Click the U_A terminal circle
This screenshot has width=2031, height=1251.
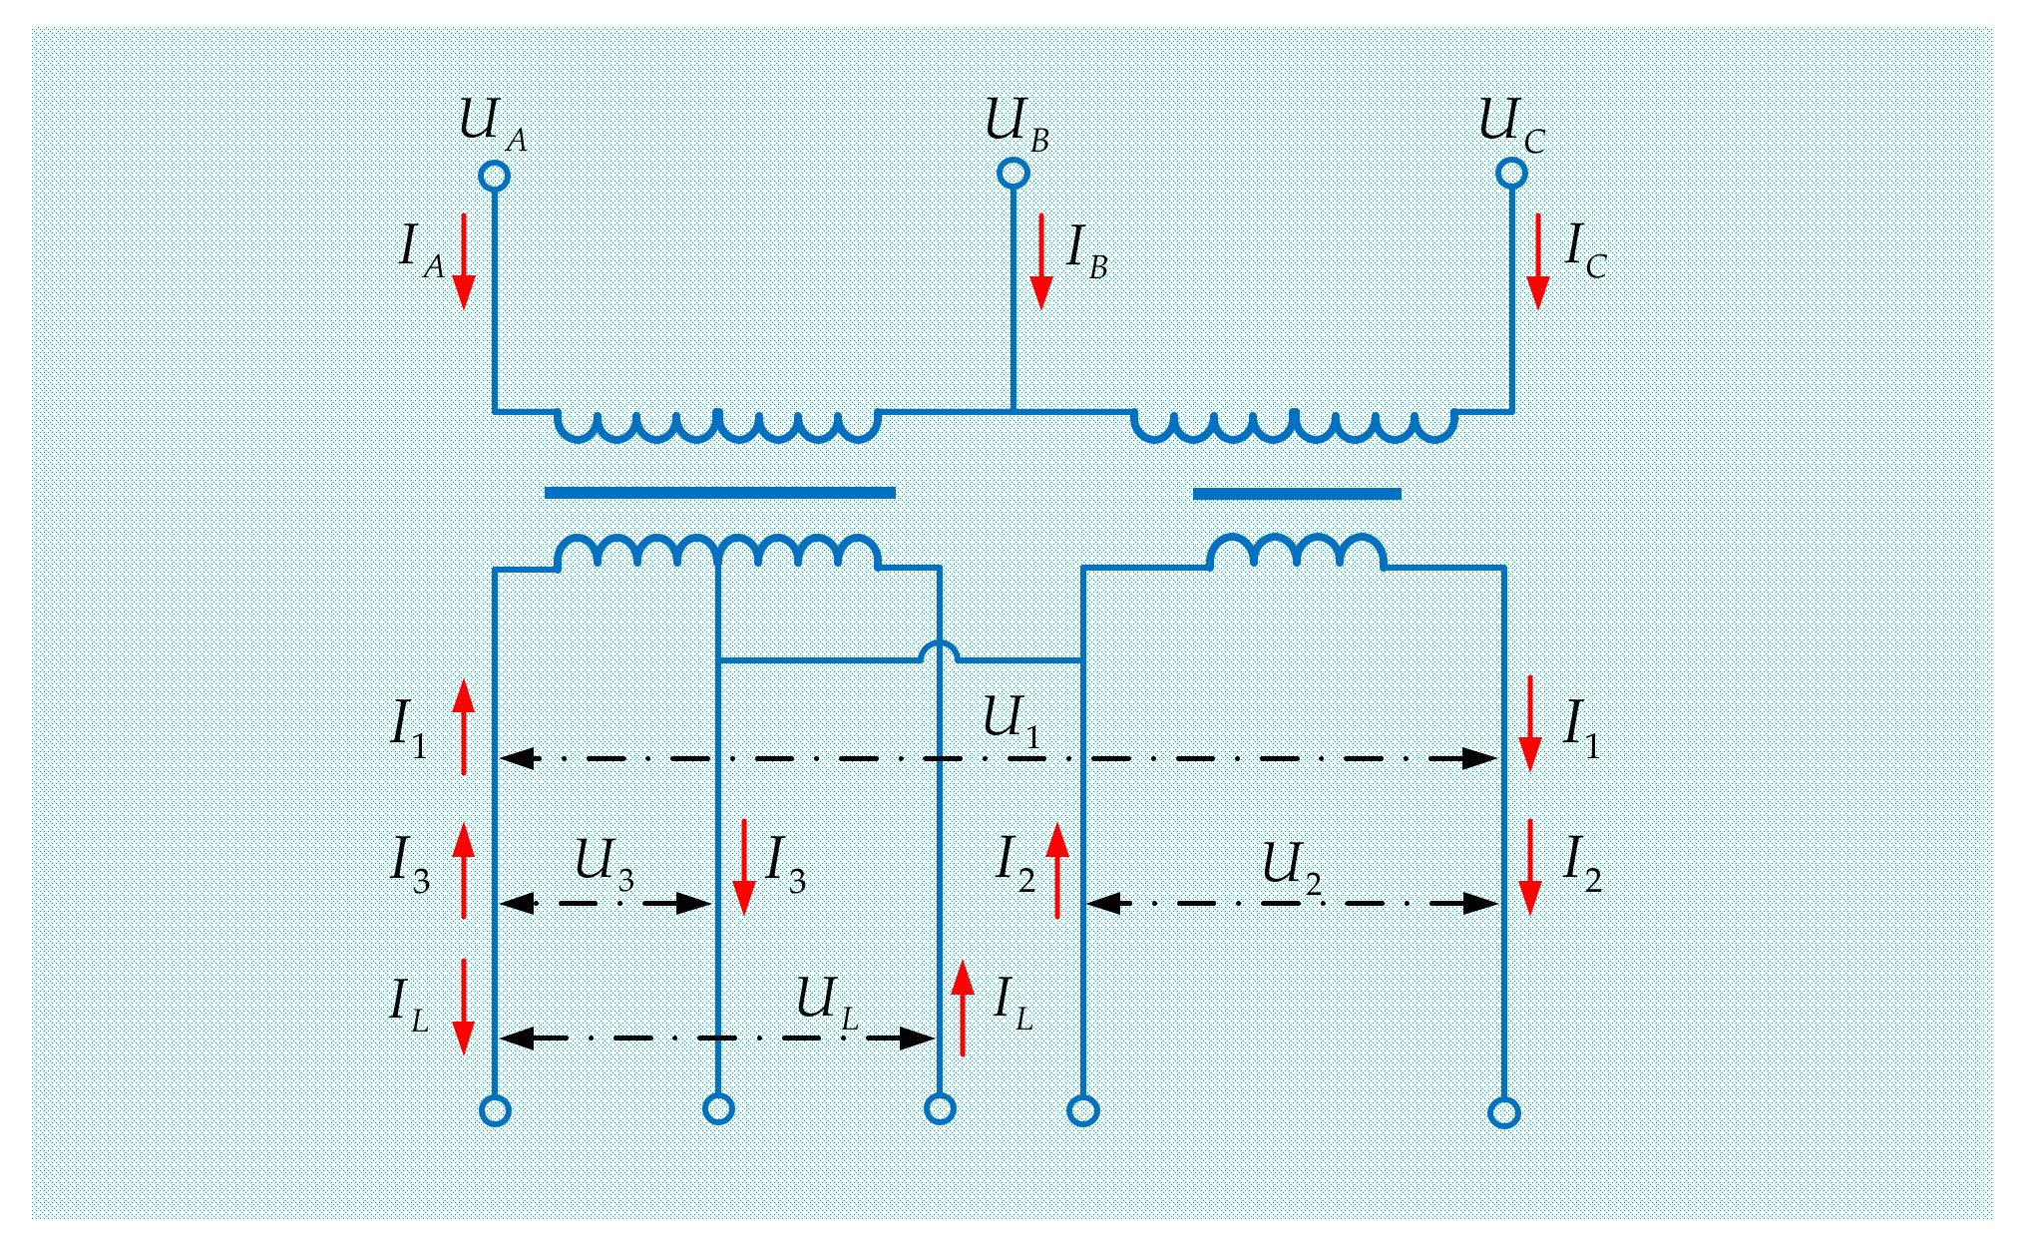point(494,176)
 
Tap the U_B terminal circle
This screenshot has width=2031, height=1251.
point(1013,174)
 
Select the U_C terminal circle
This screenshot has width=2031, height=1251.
point(1511,174)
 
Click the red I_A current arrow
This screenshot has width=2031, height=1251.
point(463,261)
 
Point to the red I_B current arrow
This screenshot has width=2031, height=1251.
point(1040,261)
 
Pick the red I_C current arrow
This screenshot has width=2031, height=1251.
point(1537,261)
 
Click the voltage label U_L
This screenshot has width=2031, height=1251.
point(826,1001)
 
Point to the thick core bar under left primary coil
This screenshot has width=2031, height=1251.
point(719,492)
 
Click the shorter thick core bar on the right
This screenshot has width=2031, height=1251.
point(1297,494)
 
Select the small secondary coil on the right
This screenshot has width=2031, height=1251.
point(1296,552)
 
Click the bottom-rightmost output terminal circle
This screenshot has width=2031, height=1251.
point(1503,1112)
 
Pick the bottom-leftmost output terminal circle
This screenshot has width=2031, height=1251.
point(495,1110)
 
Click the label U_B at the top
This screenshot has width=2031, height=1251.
point(1016,124)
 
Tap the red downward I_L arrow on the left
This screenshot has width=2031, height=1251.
point(463,1006)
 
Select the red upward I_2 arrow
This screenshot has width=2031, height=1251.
point(1057,870)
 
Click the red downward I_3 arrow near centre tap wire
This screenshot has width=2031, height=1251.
point(743,866)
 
